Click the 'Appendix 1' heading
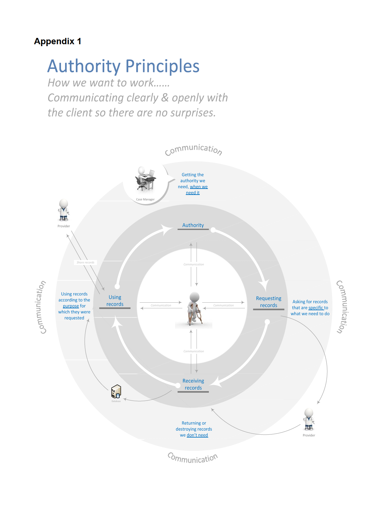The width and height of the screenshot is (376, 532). pos(58,41)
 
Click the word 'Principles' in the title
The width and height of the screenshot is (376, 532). pos(162,66)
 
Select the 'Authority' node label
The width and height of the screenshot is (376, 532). pos(193,225)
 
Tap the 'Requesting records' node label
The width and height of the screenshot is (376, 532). pos(269,302)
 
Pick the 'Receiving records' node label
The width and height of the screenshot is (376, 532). pos(193,384)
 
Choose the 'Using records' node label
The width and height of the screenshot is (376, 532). pos(115,300)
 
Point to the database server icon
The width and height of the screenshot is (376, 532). pos(116,391)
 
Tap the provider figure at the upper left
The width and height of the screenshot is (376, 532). pos(64,210)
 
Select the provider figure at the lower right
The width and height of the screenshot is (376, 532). pos(309,419)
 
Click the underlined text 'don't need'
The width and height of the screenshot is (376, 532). pos(197,435)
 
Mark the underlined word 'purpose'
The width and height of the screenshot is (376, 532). pos(71,306)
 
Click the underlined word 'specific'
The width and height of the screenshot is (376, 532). pos(316,308)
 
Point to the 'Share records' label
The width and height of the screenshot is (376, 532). pos(85,262)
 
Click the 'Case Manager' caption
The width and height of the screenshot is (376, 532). pos(145,199)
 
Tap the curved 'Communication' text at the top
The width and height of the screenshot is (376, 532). pos(193,149)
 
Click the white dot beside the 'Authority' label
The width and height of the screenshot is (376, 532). pos(213,230)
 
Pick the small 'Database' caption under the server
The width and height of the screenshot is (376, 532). pos(116,401)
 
